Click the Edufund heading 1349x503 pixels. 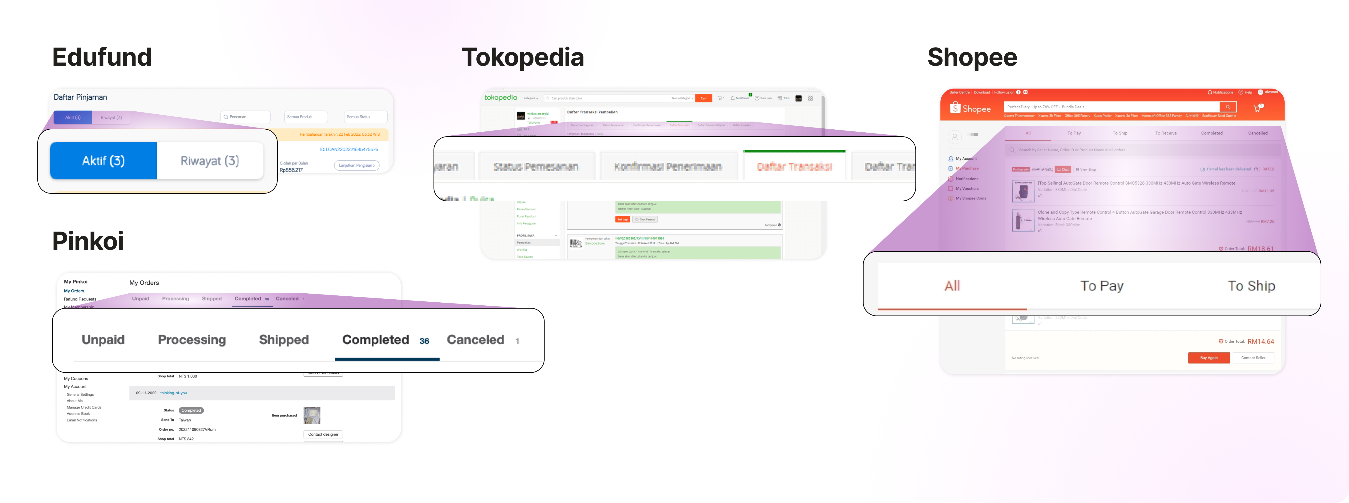(102, 57)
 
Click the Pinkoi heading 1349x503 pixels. (88, 241)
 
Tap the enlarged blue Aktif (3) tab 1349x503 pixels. (103, 161)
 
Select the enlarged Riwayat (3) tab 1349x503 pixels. (210, 161)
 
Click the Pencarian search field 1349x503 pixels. (246, 117)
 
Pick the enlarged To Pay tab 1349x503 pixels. (1102, 286)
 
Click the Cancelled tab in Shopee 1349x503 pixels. (1257, 133)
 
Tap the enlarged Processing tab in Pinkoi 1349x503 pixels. (192, 340)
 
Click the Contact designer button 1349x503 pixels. (323, 435)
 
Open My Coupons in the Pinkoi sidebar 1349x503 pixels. (76, 378)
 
